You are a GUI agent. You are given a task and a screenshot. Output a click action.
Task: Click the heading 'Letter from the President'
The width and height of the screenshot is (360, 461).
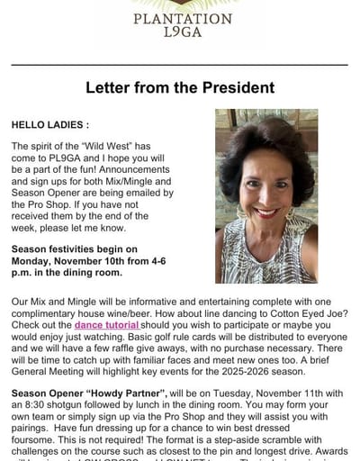(x=179, y=88)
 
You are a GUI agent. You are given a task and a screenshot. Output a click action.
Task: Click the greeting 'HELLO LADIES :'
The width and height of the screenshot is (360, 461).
(x=49, y=124)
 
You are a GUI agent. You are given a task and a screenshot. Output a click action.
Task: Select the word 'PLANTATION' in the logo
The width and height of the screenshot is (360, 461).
(x=182, y=17)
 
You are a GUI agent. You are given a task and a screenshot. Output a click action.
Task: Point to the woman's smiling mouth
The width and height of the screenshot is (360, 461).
(x=267, y=212)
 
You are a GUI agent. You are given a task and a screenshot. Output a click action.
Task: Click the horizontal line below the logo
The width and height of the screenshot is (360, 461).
(x=179, y=65)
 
